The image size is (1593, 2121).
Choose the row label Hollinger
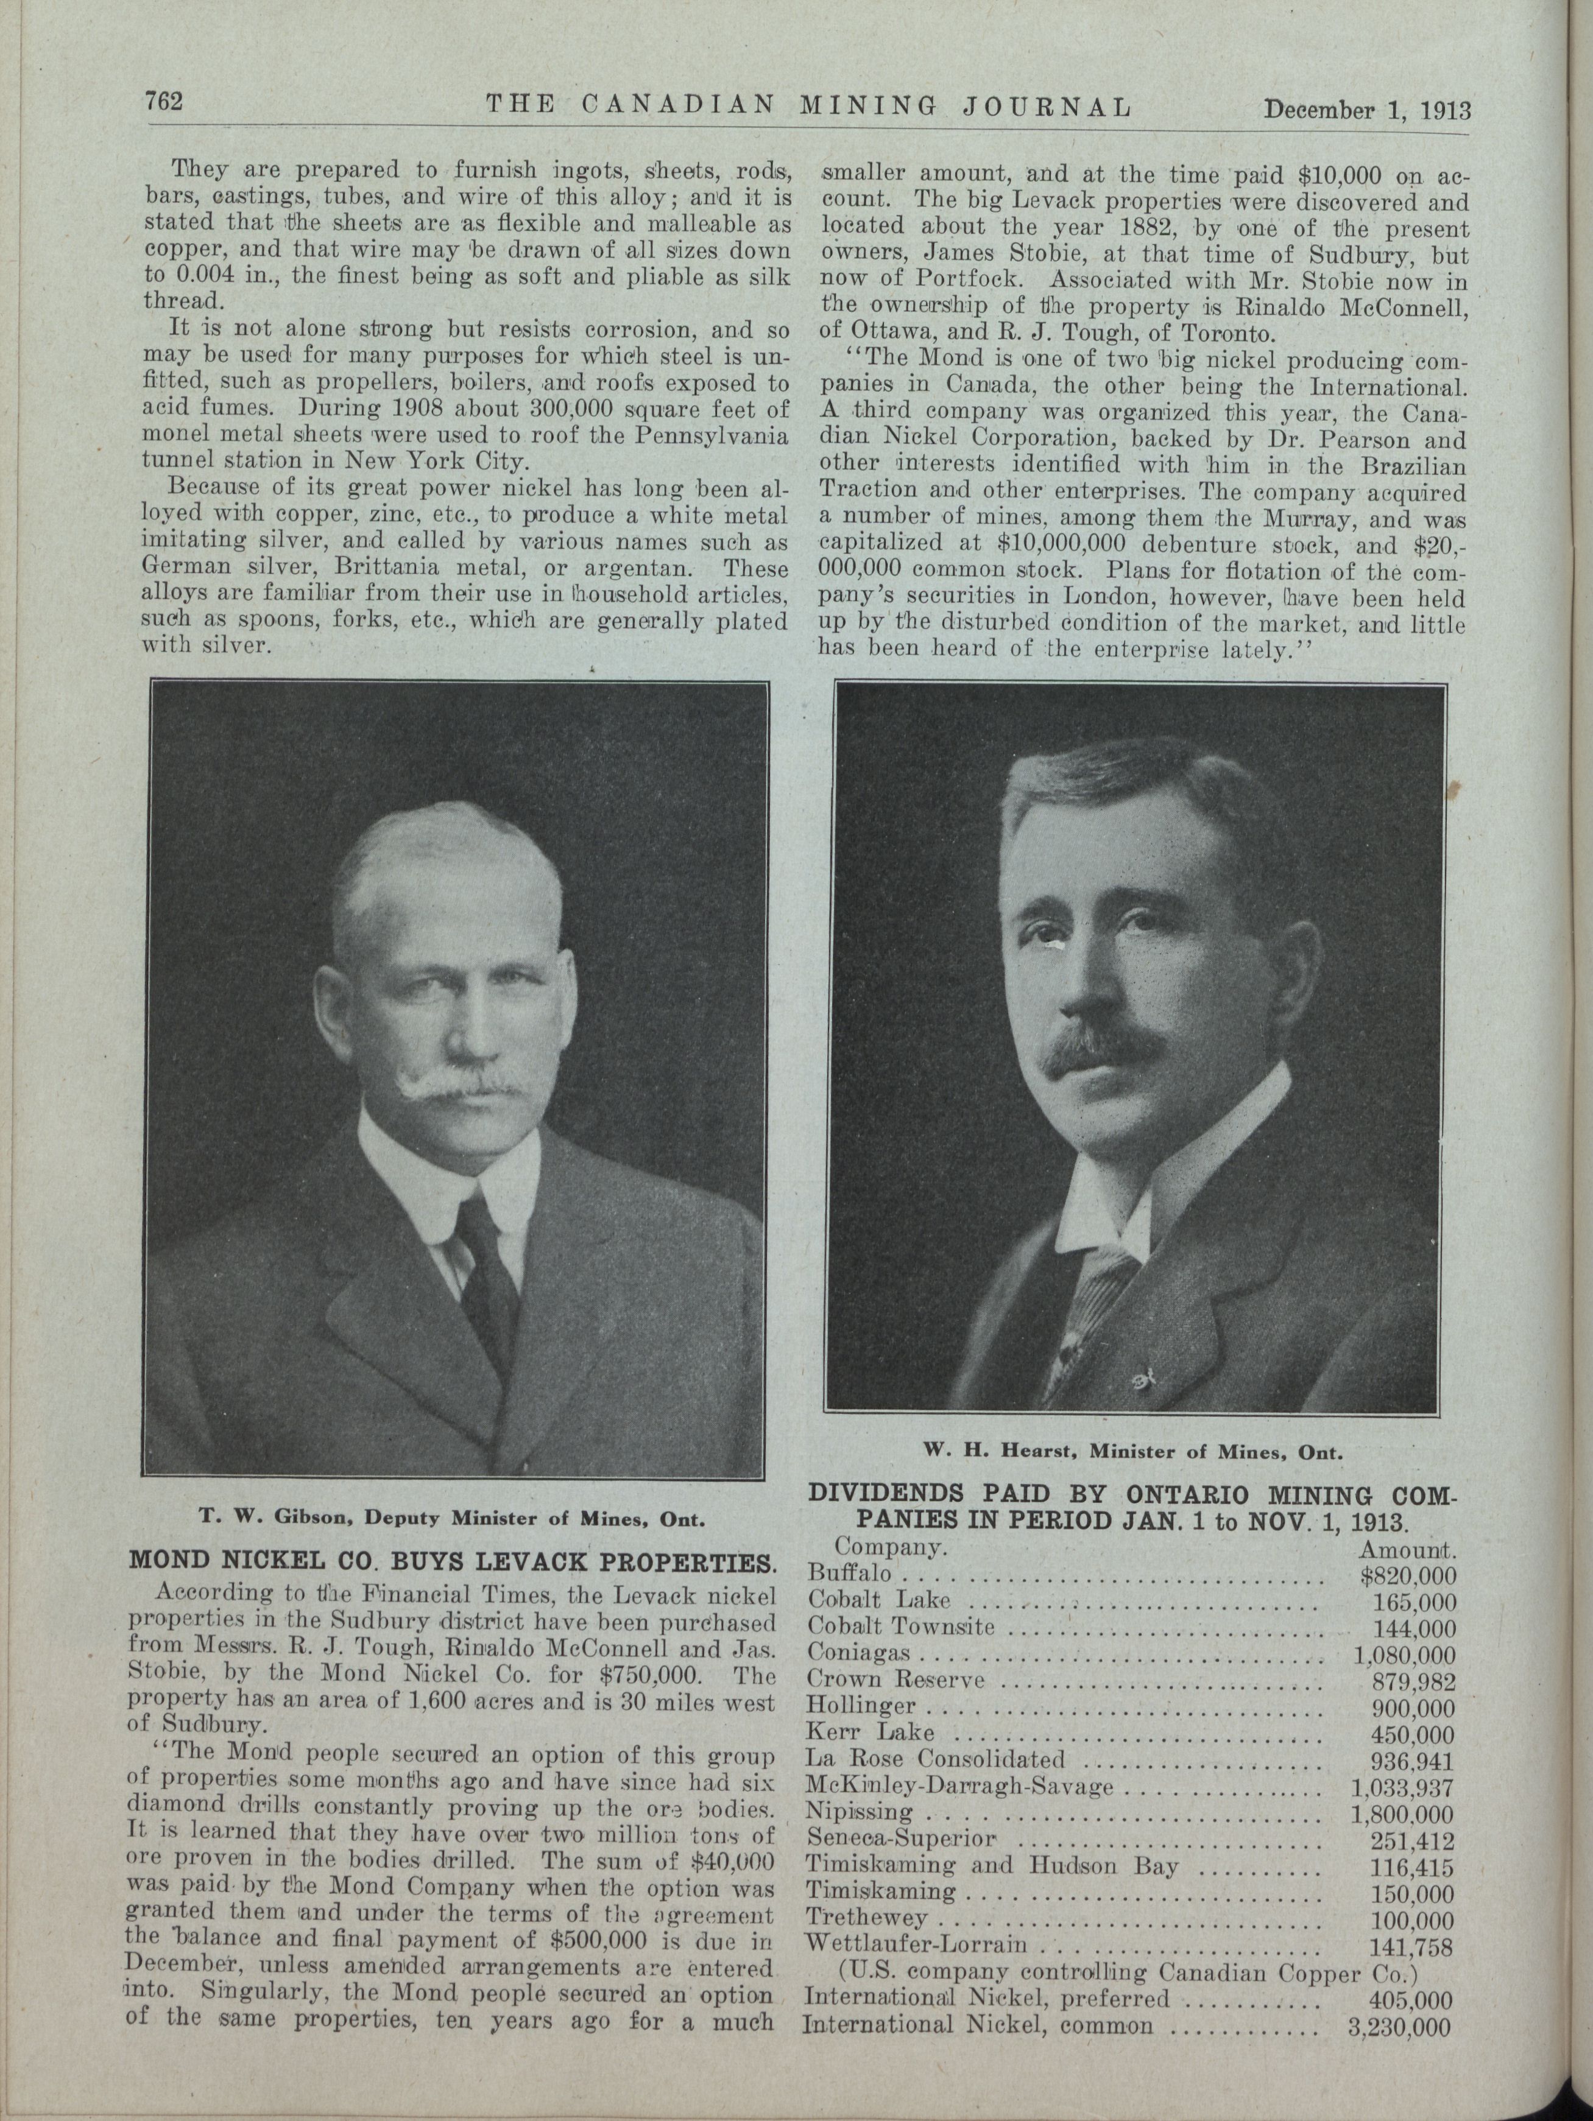862,1707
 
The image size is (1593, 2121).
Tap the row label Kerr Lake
870,1734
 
